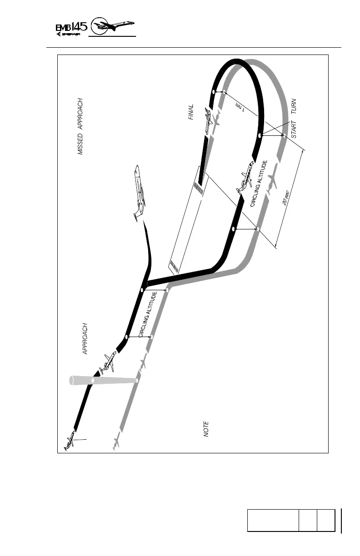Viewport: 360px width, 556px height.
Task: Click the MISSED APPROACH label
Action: [80, 126]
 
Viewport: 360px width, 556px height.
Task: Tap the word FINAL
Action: [191, 112]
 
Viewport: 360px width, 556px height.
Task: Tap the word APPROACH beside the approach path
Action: [85, 339]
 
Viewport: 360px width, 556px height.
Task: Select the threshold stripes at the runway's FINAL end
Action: [199, 188]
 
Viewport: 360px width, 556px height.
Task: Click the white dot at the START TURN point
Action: [260, 135]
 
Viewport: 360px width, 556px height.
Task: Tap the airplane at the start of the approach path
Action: [70, 440]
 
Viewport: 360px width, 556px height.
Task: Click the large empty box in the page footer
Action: [273, 520]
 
